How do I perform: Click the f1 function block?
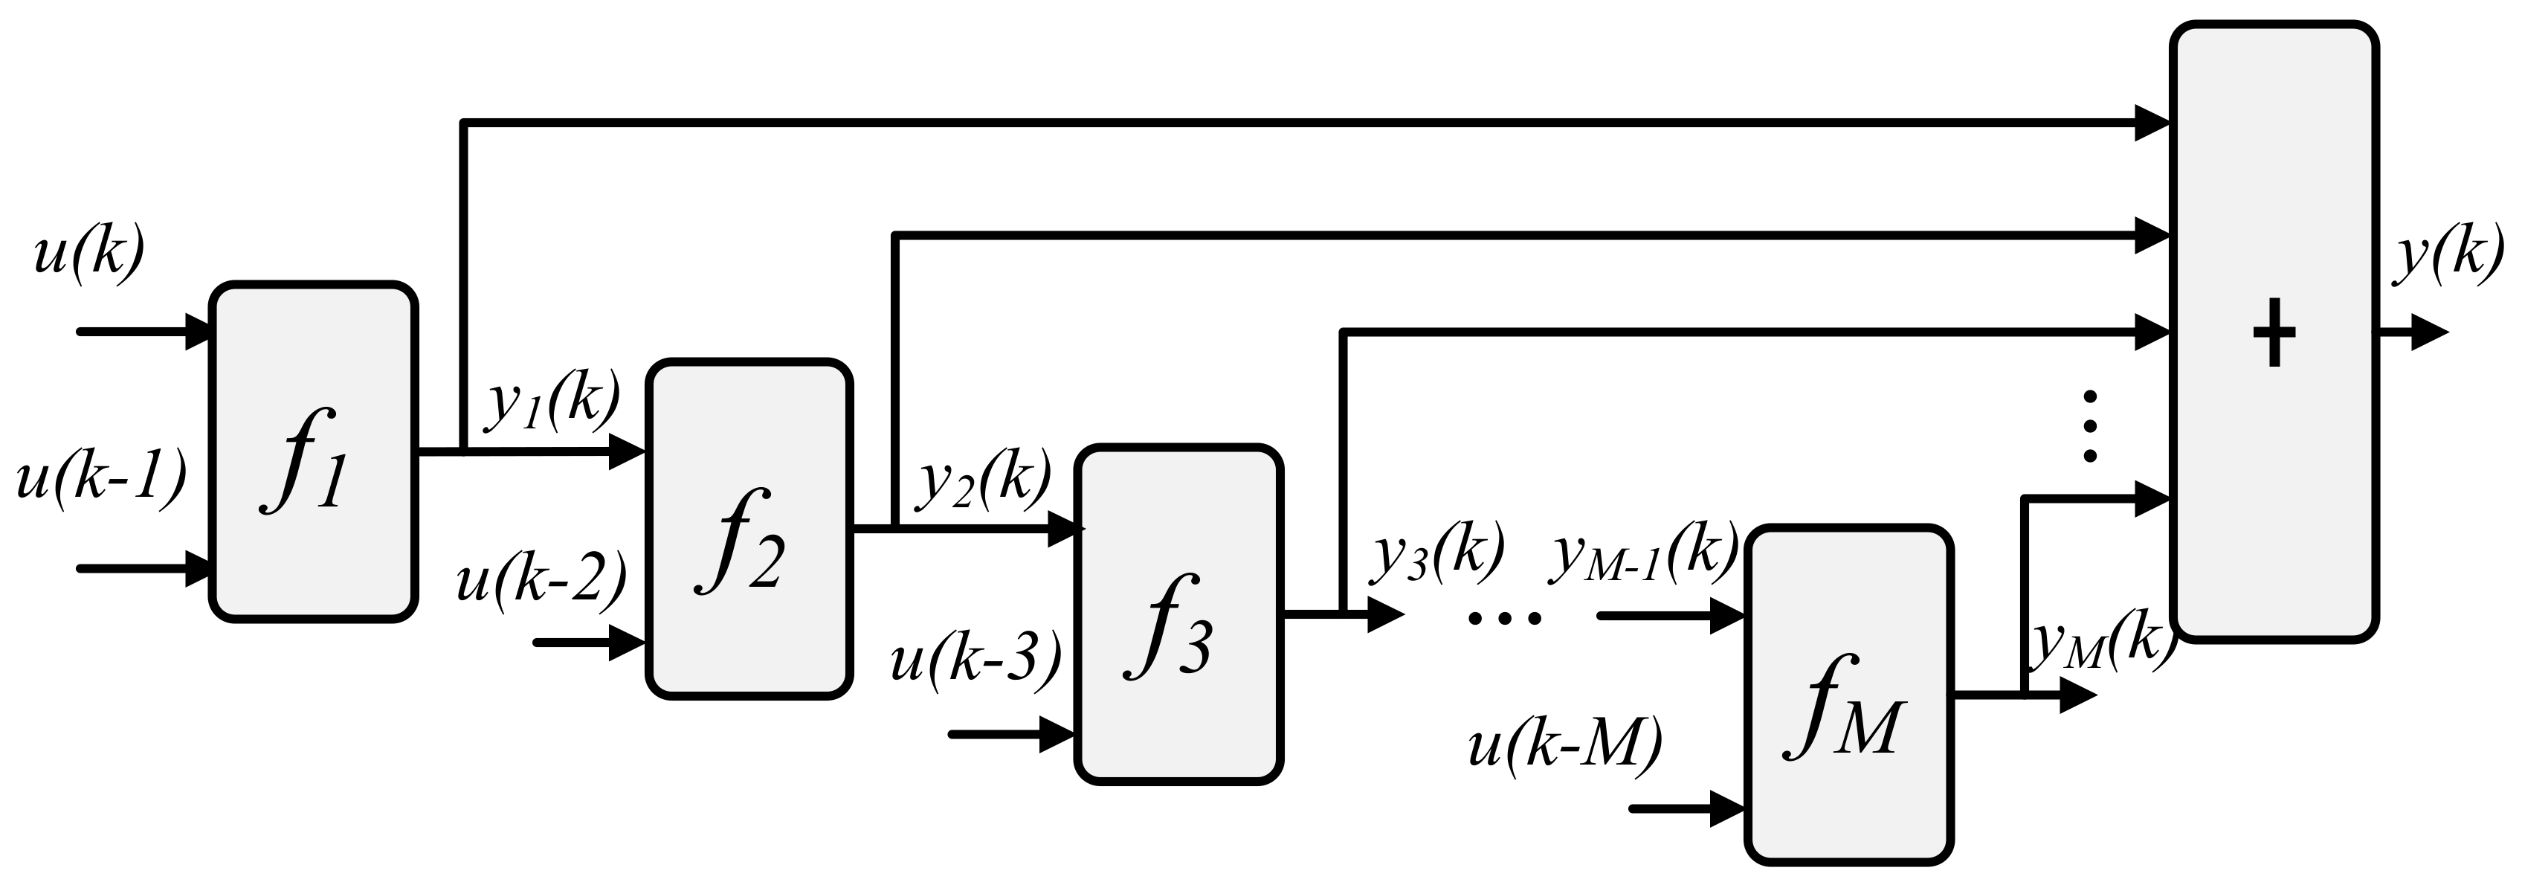pos(313,451)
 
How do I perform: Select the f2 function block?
pos(749,530)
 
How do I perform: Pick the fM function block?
pos(1849,696)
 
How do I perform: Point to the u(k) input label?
pos(89,254)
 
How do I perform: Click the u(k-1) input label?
pos(101,480)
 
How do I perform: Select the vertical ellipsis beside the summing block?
pos(2090,426)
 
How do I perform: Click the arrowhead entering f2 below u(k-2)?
pos(627,643)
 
